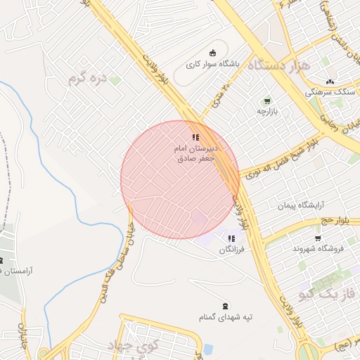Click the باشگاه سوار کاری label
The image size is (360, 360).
(x=213, y=63)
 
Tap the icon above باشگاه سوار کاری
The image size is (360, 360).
(x=213, y=52)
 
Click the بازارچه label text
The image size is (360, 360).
(x=266, y=111)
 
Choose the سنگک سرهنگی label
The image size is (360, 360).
(x=325, y=92)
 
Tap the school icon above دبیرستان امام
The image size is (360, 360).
(x=195, y=137)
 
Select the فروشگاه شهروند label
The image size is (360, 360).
(x=316, y=249)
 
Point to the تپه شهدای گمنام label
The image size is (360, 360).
(x=225, y=317)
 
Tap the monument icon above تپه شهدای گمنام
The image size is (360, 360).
(x=225, y=306)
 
